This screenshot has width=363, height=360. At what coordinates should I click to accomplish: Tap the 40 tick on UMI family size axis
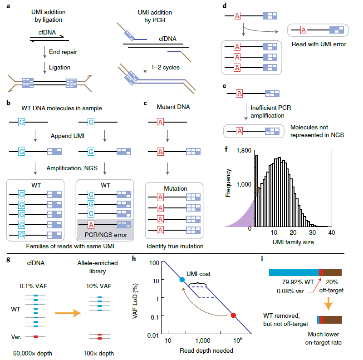click(x=331, y=232)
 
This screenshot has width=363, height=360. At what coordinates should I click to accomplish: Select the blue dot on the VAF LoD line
click(x=182, y=280)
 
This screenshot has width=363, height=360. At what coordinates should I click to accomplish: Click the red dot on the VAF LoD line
click(x=233, y=315)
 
